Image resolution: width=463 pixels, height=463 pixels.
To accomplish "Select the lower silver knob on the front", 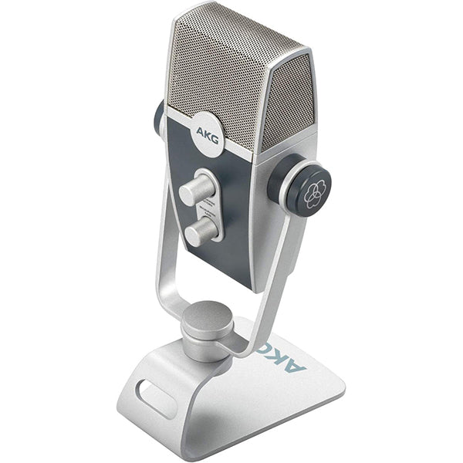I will click(199, 229).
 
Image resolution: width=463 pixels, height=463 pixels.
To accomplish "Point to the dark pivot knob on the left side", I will click(159, 116).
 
